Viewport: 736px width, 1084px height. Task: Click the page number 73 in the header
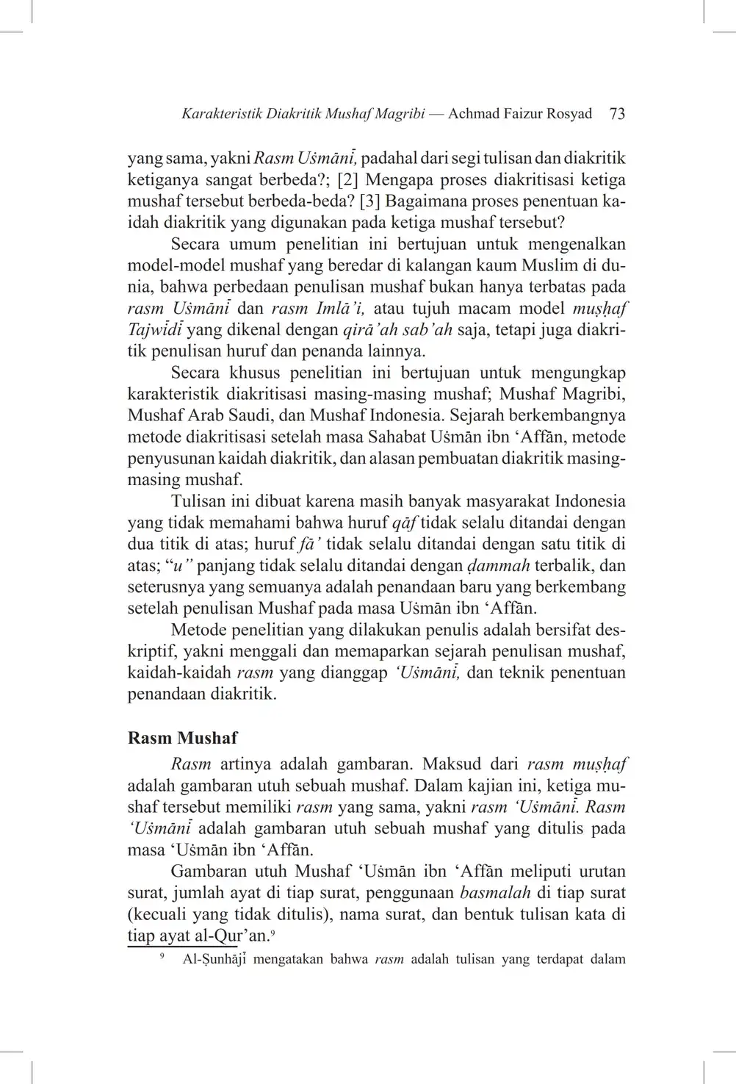pos(617,114)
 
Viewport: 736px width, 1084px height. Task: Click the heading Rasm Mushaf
pos(182,737)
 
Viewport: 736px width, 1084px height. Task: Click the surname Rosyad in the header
pos(564,114)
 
